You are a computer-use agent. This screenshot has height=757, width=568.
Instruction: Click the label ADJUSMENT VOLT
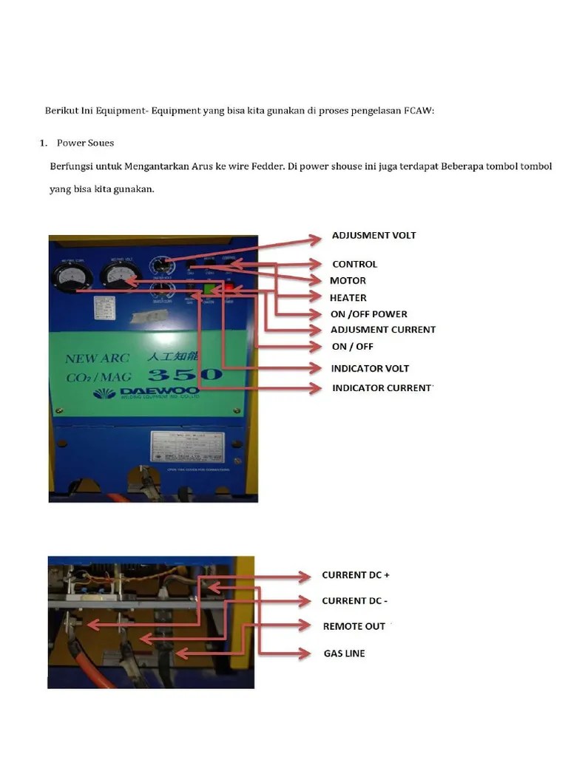click(373, 235)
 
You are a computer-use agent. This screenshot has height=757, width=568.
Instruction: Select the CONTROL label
click(354, 264)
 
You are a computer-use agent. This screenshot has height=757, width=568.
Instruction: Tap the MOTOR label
click(348, 281)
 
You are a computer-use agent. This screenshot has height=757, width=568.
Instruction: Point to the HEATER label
click(348, 298)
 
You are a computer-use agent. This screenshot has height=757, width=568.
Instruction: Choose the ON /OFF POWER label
click(368, 314)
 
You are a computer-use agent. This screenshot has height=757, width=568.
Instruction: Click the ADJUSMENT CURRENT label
click(382, 330)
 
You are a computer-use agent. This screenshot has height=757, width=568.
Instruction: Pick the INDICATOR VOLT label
click(370, 368)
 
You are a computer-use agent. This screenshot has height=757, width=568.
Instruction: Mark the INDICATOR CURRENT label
click(381, 388)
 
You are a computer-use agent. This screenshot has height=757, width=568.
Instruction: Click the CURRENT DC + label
click(355, 575)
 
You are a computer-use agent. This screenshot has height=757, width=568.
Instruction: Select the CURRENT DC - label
click(354, 601)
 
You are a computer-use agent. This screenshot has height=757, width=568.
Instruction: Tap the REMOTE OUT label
click(354, 626)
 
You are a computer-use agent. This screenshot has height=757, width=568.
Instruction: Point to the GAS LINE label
click(344, 654)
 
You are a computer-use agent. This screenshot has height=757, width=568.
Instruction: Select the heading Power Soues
click(85, 143)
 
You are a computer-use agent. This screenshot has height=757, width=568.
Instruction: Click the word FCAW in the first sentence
click(419, 110)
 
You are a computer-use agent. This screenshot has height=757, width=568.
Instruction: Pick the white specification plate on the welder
click(187, 446)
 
